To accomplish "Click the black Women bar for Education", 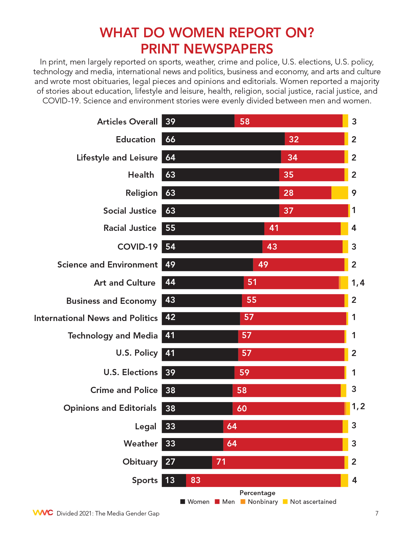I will (223, 139).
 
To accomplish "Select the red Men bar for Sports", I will (263, 480).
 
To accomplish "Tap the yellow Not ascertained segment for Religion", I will (340, 193).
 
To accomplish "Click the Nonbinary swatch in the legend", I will (243, 502).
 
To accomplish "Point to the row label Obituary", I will (140, 461).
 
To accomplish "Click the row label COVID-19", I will (137, 246).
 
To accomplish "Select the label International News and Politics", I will (96, 318).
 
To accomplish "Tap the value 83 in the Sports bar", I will (195, 480).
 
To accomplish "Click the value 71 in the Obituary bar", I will (221, 462).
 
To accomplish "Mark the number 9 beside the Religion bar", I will (354, 193).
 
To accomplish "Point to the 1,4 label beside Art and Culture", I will (358, 283).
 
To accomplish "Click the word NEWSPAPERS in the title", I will (207, 49).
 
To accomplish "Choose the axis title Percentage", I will (257, 493).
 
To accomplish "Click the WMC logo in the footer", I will (43, 513).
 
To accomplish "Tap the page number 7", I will (377, 513).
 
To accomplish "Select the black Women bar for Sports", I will (174, 480).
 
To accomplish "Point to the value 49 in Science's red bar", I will (263, 265).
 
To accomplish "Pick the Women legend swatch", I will (183, 502).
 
